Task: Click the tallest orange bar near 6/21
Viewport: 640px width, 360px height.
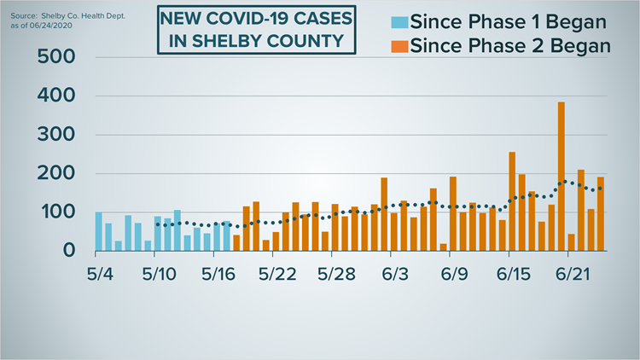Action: click(561, 176)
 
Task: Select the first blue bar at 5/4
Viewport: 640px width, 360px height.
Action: click(98, 231)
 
